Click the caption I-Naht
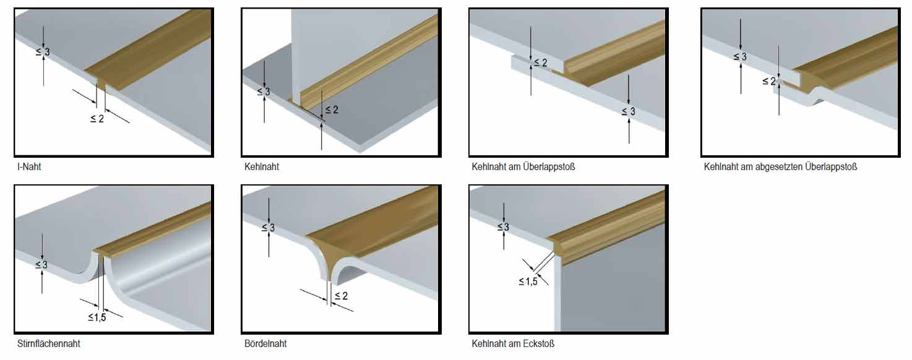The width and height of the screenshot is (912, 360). coord(29,166)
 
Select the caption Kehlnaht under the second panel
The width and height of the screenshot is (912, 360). coord(262,166)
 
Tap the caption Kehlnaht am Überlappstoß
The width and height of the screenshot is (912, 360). coord(523,166)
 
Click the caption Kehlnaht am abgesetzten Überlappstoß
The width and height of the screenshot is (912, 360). coord(780,166)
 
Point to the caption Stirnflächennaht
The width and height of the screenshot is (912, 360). coord(49,343)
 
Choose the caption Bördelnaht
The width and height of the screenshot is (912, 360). coord(265,343)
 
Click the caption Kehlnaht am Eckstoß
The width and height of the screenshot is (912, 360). coord(513,343)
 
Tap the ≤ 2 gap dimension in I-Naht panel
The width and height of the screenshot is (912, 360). coord(97,119)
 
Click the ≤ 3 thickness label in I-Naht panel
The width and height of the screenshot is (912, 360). coord(43,52)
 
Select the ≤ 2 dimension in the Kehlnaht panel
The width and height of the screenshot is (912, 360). coord(332,109)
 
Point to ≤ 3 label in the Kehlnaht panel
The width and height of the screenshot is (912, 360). coord(264,92)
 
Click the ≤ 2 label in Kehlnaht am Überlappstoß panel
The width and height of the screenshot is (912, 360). coord(541,62)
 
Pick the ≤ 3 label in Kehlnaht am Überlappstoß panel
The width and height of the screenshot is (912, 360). coord(628,111)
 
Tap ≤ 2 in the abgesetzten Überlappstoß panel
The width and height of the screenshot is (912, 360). coord(769,82)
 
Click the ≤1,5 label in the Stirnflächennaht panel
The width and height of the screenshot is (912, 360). coord(97,317)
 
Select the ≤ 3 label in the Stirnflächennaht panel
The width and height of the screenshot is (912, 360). coord(41,265)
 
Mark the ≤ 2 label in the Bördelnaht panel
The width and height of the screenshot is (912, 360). coord(341,296)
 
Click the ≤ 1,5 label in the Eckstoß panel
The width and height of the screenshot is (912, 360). coord(528,281)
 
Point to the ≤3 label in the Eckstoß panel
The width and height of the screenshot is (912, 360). coord(503,227)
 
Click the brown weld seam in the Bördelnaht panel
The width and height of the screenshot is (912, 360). coord(366,236)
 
